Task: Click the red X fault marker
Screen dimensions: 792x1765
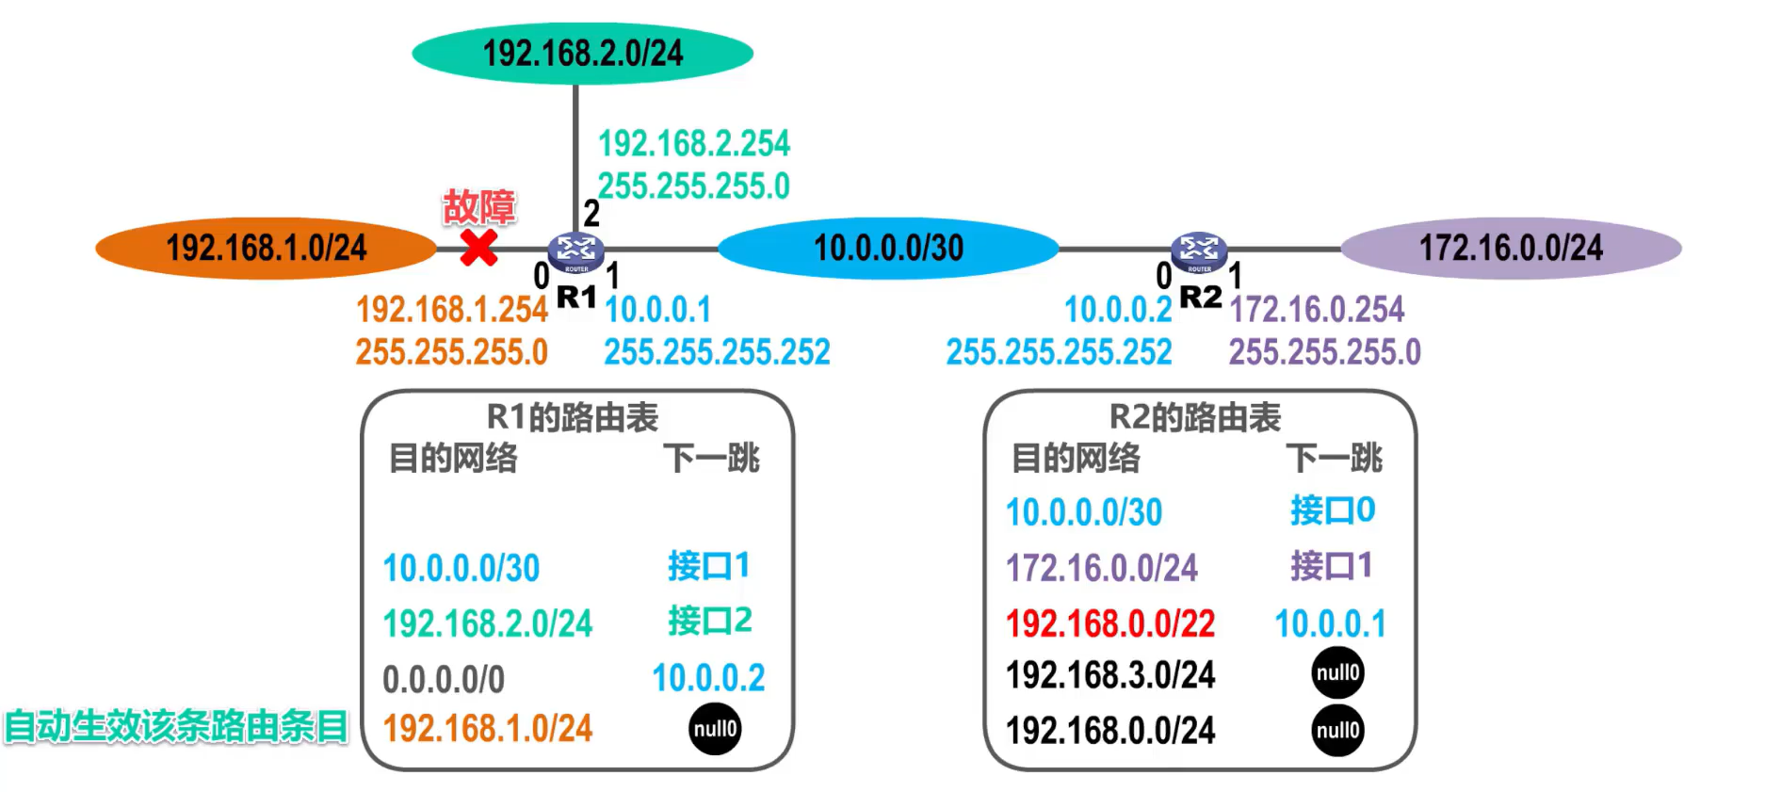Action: click(x=478, y=248)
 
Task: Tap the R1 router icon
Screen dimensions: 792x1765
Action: click(x=575, y=251)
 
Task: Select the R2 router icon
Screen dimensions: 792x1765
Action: click(x=1198, y=251)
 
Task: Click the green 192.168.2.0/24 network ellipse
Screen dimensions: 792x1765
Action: click(x=582, y=54)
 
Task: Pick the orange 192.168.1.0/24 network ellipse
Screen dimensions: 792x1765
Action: click(x=266, y=249)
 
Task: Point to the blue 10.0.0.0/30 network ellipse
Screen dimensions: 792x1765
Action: click(x=888, y=249)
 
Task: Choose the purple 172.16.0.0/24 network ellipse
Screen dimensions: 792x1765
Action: click(x=1511, y=249)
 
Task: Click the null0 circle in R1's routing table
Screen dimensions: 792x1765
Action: click(x=715, y=729)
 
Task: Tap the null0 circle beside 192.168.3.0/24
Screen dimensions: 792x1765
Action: click(x=1337, y=673)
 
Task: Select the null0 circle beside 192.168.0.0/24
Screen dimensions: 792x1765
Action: click(x=1337, y=730)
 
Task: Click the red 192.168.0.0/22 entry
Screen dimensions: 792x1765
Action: click(x=1110, y=623)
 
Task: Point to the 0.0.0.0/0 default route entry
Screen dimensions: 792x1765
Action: click(x=444, y=679)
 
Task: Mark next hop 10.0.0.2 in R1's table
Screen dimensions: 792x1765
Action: click(x=708, y=678)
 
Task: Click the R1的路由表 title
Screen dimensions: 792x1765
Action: click(x=573, y=417)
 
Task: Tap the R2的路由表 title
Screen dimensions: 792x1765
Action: click(x=1195, y=417)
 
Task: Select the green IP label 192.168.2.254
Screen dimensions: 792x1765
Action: click(x=694, y=144)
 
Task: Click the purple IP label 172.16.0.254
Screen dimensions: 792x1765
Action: click(x=1317, y=309)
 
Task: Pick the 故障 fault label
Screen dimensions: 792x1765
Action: click(x=479, y=207)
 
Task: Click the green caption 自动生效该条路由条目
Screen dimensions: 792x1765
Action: click(x=176, y=727)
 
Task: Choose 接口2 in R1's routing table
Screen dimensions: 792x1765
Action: click(x=710, y=621)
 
